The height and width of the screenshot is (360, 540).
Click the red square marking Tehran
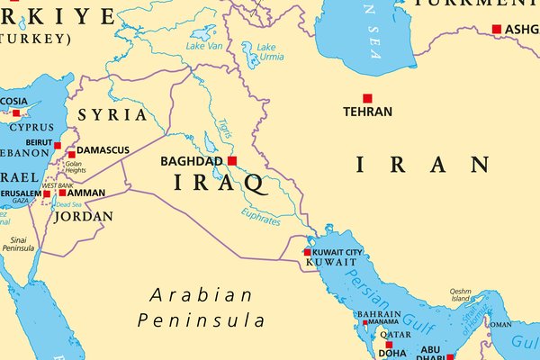coord(367,98)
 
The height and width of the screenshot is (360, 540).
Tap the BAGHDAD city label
coord(190,162)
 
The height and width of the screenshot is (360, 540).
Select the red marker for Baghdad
coord(231,161)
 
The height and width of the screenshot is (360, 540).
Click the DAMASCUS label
coord(103,149)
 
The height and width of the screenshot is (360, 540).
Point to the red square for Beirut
coord(58,145)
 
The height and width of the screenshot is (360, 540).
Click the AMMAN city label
coord(86,193)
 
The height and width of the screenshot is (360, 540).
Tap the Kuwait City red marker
coord(307,252)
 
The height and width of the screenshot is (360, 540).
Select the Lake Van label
coord(202,45)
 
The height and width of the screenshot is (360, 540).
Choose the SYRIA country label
coord(112,115)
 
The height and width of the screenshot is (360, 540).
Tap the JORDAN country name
coord(84,216)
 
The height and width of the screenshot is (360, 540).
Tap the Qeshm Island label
coord(460,296)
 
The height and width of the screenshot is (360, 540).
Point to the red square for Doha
coord(389,345)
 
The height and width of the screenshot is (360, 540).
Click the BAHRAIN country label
coord(378,314)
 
